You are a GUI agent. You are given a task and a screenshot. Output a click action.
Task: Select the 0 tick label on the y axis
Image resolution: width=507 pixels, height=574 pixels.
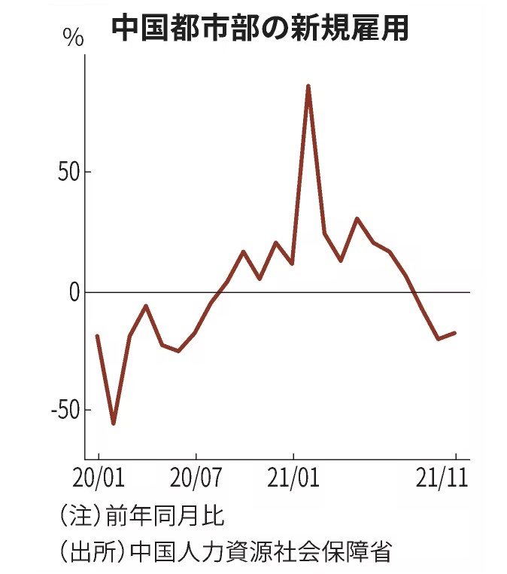click(74, 292)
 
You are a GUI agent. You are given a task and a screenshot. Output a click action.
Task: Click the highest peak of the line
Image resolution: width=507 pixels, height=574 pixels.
click(308, 86)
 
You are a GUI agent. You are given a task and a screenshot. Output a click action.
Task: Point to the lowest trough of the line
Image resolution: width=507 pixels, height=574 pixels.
click(114, 423)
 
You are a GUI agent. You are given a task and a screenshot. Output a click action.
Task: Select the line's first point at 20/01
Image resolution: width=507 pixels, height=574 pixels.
click(97, 336)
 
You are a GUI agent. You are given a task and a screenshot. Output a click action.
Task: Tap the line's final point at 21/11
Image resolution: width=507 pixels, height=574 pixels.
click(454, 333)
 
